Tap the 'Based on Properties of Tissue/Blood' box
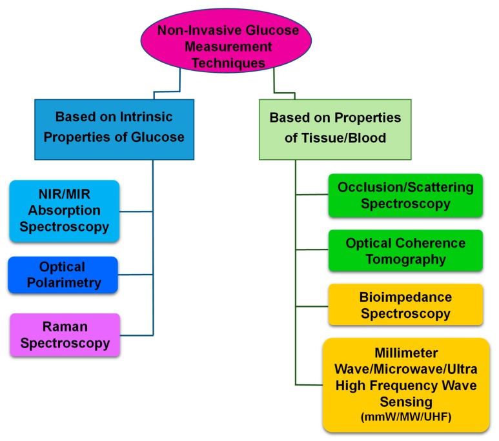coord(335,128)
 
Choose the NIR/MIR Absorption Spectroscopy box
coord(64,211)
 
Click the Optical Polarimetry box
coord(63,275)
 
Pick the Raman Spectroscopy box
coord(65,335)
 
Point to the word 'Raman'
coord(65,327)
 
